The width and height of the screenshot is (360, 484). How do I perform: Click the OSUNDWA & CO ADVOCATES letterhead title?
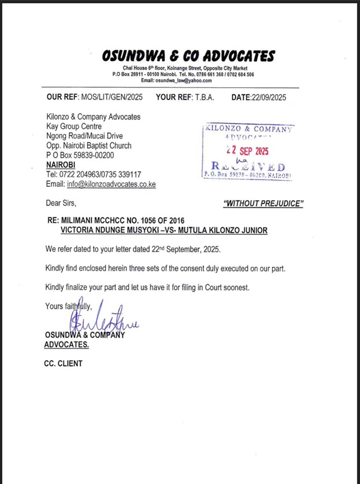(x=187, y=56)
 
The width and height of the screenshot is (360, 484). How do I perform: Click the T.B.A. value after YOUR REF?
(x=204, y=97)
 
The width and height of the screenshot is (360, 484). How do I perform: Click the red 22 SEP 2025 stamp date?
(x=250, y=151)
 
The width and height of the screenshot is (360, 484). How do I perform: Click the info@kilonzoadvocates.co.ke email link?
(x=111, y=184)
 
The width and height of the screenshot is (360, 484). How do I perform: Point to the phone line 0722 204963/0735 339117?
(x=100, y=174)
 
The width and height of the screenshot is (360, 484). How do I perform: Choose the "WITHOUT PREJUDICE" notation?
(x=263, y=203)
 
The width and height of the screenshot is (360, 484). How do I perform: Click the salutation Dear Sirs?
(x=61, y=203)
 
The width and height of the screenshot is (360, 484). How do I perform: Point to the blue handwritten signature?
(x=104, y=321)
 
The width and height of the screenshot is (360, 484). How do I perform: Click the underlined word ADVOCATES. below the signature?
(x=66, y=344)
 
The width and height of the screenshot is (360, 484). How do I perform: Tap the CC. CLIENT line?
(x=63, y=363)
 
